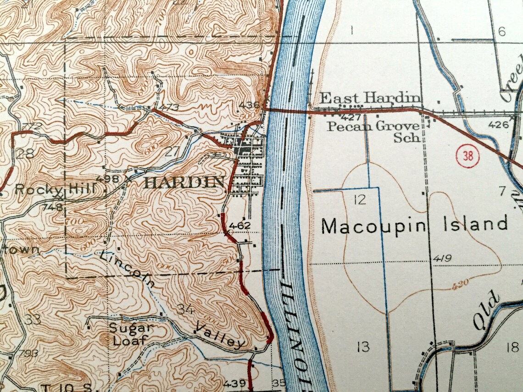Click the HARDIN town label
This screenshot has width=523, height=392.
coord(184,182)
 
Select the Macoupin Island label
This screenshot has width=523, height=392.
coord(415,225)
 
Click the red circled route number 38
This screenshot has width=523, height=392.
coord(467,156)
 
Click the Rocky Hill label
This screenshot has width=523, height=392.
coord(56,188)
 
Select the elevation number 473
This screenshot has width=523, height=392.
coord(170,108)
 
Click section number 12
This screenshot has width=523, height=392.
coord(360,199)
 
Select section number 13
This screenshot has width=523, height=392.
coord(362,346)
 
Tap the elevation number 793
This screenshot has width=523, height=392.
coord(28,353)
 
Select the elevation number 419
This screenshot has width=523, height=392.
coord(441,259)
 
